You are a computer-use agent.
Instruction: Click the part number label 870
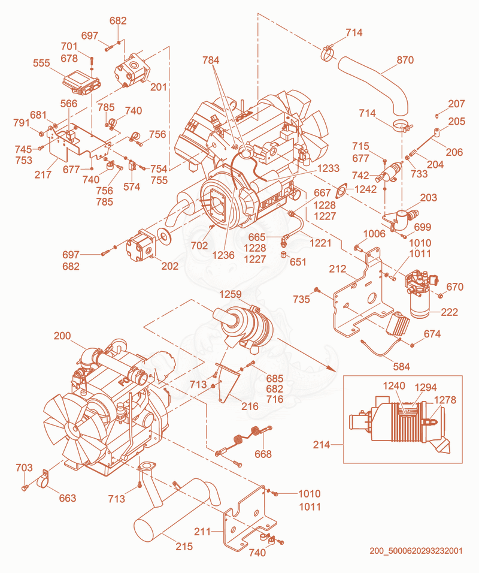(405, 59)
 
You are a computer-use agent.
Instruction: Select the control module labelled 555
(82, 82)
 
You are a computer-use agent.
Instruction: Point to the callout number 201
(159, 87)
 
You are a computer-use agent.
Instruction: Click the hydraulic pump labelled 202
(141, 245)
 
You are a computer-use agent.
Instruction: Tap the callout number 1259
(231, 294)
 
